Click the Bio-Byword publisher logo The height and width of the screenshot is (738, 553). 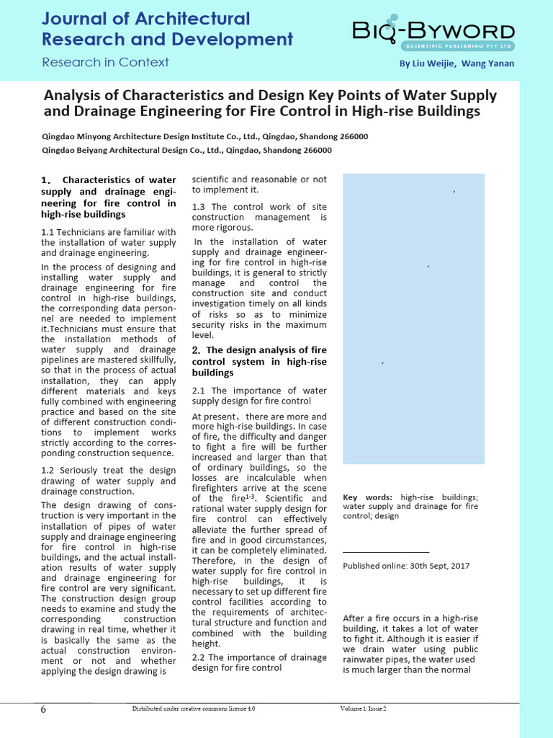coord(433,34)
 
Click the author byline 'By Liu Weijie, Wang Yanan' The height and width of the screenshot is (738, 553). coord(457,63)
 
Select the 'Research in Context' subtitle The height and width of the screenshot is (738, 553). coord(105,62)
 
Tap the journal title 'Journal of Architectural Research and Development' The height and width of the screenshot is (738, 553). coord(167,29)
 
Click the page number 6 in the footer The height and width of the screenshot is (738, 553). coord(43,710)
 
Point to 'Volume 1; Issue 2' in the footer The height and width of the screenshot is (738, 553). coord(364,708)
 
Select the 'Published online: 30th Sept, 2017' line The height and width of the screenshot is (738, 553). coord(406,566)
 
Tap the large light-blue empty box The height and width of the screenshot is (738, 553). coord(413,319)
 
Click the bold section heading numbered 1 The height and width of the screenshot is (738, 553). coord(109,197)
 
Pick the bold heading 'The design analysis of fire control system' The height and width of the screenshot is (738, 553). coord(258,361)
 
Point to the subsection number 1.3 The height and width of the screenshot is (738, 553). coord(199,207)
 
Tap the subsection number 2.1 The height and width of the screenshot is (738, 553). coord(199,390)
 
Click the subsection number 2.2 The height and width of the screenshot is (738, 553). coord(199,657)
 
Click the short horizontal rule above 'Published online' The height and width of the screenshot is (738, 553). coord(386,551)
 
